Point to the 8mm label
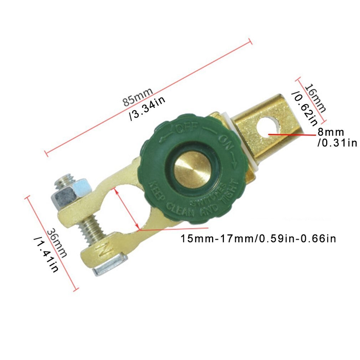[331, 132]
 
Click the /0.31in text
[337, 143]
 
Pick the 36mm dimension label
[57, 242]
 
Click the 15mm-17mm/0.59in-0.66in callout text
[258, 238]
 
